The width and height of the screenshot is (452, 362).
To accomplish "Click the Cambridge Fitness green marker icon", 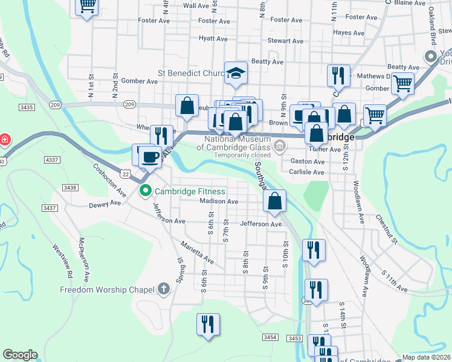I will [146, 192].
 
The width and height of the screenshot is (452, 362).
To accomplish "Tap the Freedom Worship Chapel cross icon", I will [162, 289].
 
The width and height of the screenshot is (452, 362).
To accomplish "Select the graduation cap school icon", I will [236, 74].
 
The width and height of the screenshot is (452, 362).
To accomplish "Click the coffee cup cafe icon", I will [150, 157].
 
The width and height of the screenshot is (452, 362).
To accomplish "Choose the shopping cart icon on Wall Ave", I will [87, 6].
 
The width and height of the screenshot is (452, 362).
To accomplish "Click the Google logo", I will [20, 355].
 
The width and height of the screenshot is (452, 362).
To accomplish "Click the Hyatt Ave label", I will [213, 39].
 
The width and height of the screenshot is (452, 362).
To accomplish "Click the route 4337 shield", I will [52, 160].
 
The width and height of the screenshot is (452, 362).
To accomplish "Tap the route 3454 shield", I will [270, 338].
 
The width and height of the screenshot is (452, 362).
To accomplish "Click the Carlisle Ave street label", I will [308, 172].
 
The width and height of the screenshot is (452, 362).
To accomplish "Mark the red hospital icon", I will [5, 140].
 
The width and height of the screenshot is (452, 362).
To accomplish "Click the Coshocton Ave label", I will [109, 180].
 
